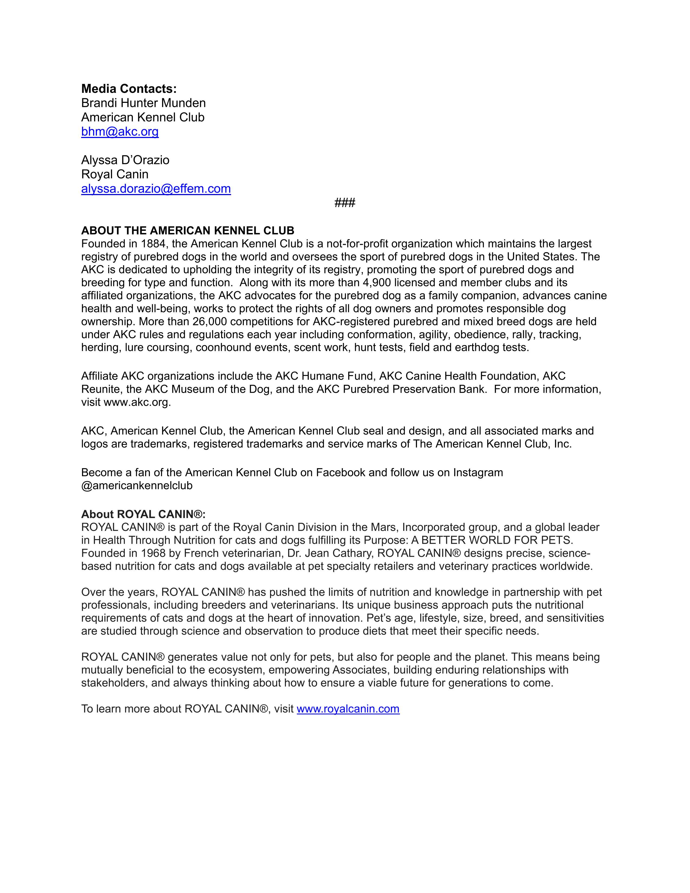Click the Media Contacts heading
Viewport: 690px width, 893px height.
click(x=129, y=89)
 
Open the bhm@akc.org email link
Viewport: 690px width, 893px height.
click(x=120, y=132)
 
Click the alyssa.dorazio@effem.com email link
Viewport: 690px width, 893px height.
click(x=156, y=189)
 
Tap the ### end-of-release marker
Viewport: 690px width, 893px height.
click(x=344, y=202)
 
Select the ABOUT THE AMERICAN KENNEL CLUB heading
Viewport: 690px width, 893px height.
click(x=188, y=231)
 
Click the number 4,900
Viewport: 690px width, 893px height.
click(x=376, y=283)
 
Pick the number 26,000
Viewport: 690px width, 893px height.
click(x=210, y=321)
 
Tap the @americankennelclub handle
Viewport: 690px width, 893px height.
click(x=137, y=485)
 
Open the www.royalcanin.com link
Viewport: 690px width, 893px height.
click(x=348, y=709)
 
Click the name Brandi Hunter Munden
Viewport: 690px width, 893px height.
click(x=143, y=103)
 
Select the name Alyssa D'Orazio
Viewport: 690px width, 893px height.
click(x=125, y=160)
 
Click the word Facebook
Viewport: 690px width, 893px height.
click(x=340, y=473)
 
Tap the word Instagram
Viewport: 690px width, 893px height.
click(x=478, y=473)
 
